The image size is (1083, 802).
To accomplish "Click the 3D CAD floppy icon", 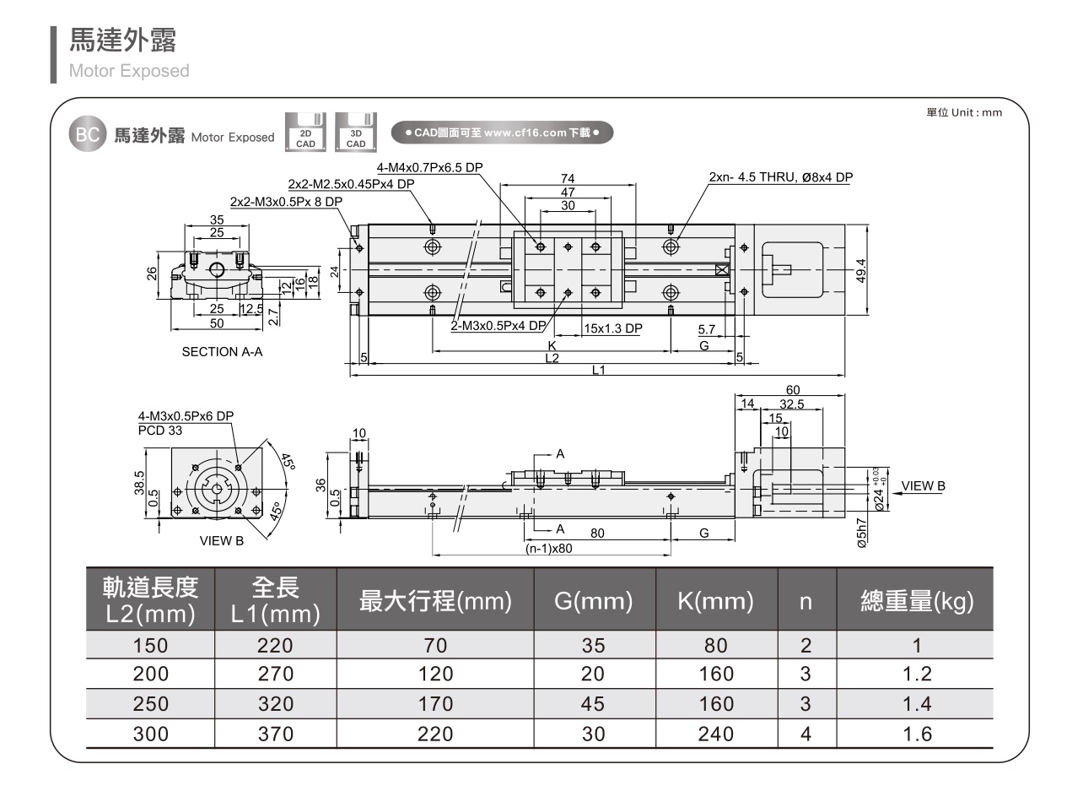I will click(356, 133).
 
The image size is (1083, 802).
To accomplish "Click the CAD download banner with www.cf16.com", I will click(503, 133).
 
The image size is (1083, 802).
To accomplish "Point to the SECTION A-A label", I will click(222, 352).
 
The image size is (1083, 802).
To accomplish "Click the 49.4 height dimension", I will click(861, 271).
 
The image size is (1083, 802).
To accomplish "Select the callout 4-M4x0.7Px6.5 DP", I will click(429, 167).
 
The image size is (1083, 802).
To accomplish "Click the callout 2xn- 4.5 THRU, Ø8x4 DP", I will click(781, 177).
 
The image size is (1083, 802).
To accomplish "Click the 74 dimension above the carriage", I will click(568, 178).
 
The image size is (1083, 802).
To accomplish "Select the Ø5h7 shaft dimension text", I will click(861, 534).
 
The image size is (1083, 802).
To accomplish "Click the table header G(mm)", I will click(594, 602).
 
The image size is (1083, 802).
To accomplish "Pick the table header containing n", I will click(806, 602).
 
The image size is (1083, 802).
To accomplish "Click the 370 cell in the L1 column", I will click(275, 734).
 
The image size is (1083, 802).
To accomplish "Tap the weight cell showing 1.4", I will click(916, 704).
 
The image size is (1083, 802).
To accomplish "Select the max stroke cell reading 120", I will click(435, 675).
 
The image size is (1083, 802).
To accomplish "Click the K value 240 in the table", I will click(716, 734).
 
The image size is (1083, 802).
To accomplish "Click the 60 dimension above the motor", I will click(792, 389).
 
